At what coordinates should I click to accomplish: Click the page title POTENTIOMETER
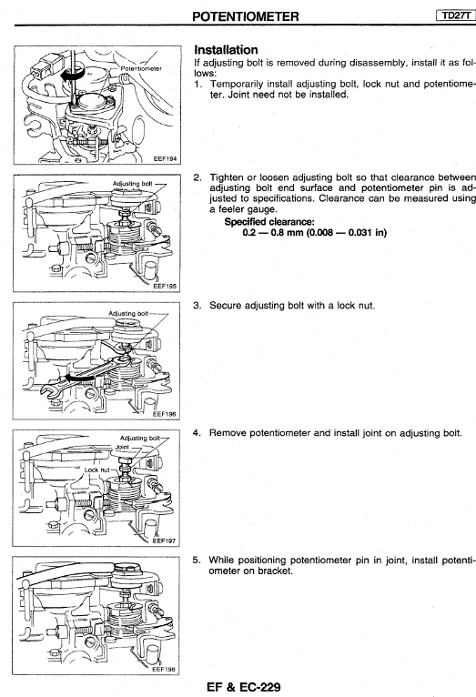pyautogui.click(x=246, y=16)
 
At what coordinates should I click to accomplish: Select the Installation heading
pyautogui.click(x=227, y=50)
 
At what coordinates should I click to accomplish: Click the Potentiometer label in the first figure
pyautogui.click(x=141, y=68)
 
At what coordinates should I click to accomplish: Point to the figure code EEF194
pyautogui.click(x=165, y=158)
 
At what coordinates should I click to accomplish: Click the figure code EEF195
pyautogui.click(x=165, y=287)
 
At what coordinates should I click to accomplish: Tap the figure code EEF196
pyautogui.click(x=165, y=414)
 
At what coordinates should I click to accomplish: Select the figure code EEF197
pyautogui.click(x=164, y=541)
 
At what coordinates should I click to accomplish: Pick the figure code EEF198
pyautogui.click(x=164, y=669)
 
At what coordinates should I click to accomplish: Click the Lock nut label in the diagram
pyautogui.click(x=96, y=470)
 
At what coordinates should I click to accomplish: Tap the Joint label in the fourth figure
pyautogui.click(x=122, y=447)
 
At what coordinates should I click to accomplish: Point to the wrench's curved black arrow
pyautogui.click(x=80, y=378)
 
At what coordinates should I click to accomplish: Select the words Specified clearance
pyautogui.click(x=269, y=221)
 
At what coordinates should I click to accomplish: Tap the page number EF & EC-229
pyautogui.click(x=244, y=687)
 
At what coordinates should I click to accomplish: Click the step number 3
pyautogui.click(x=197, y=306)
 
